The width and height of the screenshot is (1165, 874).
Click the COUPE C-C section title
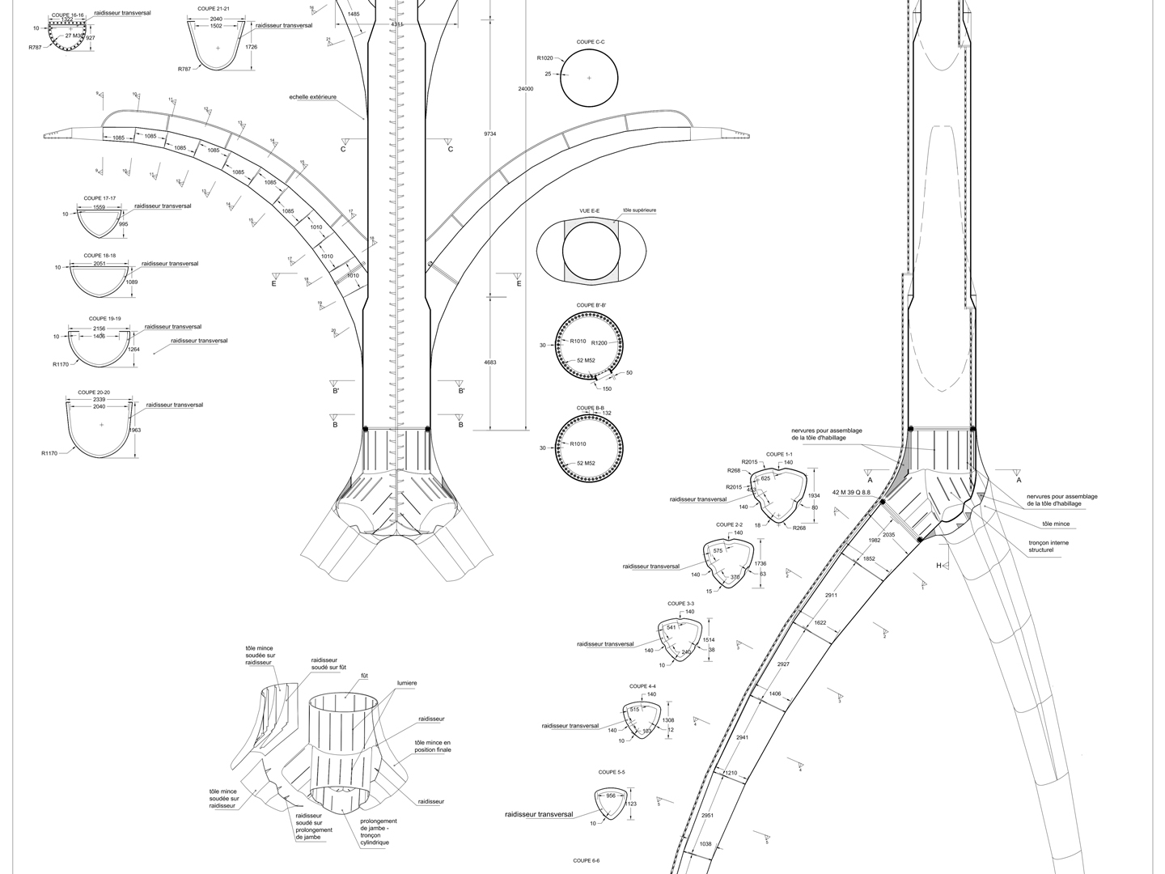588,42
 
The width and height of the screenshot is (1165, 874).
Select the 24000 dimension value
526,89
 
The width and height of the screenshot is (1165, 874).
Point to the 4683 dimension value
490,363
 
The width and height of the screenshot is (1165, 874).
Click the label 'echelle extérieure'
312,97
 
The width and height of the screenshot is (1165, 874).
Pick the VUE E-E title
589,210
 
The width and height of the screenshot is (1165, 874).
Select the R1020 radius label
544,58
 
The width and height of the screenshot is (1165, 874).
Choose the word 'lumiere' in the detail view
407,683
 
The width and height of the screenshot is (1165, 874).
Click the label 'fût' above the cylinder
364,673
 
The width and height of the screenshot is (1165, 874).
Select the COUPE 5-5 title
612,772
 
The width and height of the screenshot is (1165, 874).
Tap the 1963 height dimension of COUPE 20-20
135,431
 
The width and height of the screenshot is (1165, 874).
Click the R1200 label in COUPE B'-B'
604,342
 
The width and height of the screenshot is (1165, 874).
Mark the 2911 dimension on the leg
831,596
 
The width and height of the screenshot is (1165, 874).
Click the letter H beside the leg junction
939,566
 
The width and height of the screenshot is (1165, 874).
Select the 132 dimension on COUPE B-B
607,414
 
